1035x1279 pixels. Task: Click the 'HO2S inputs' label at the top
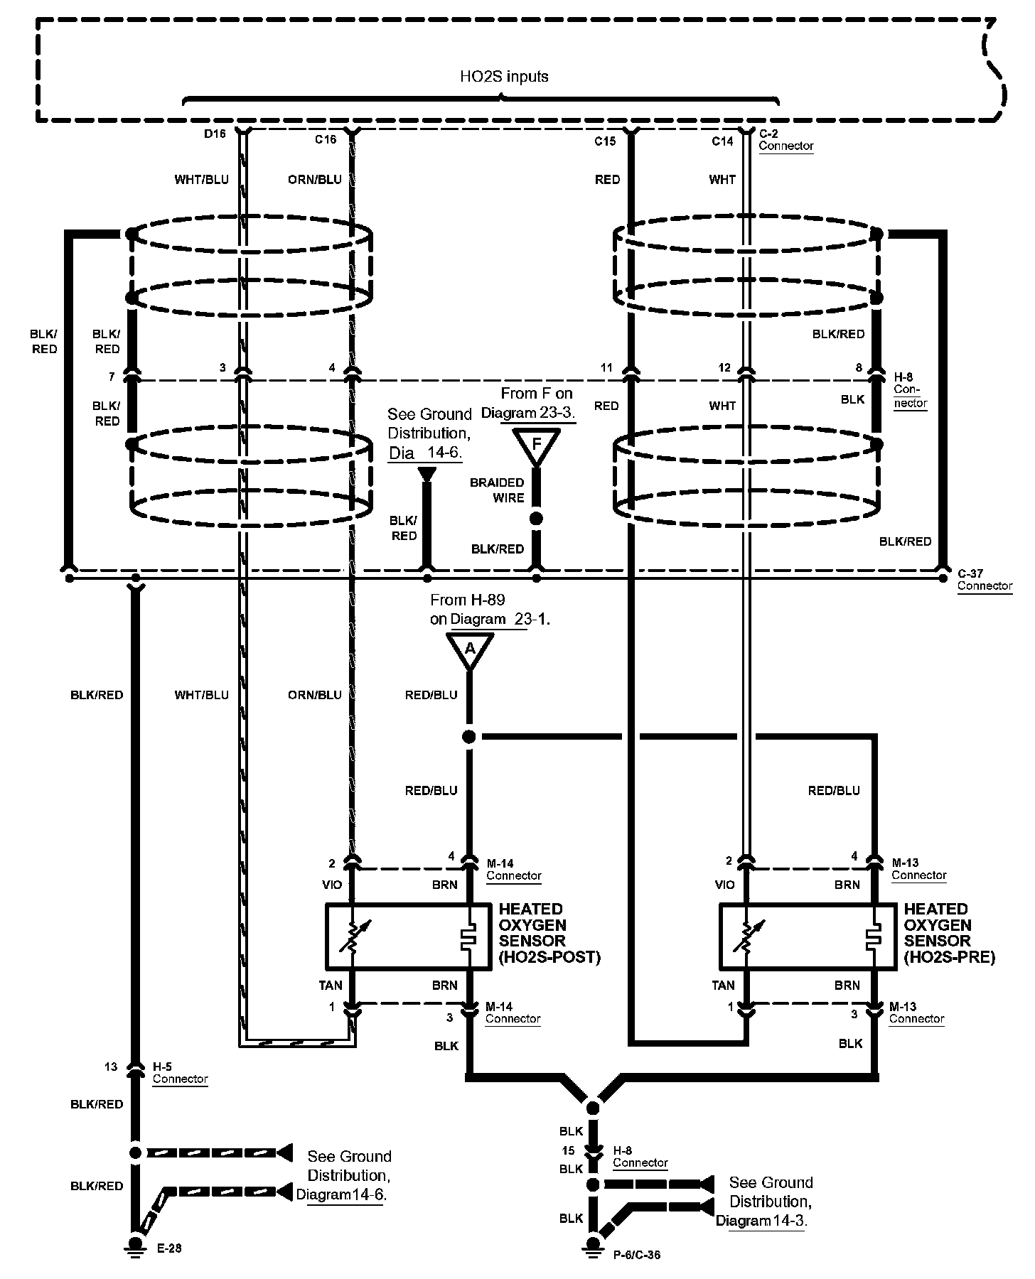[x=504, y=76]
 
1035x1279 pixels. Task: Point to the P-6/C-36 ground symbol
[x=592, y=1243]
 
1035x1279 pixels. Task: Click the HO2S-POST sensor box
[x=408, y=937]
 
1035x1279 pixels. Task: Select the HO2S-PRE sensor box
[x=807, y=937]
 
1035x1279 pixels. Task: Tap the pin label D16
[x=215, y=134]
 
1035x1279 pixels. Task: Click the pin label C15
[x=605, y=141]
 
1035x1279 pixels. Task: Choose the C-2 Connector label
[x=785, y=140]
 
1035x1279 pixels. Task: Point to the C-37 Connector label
[x=984, y=580]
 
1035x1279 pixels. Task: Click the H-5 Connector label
[x=180, y=1073]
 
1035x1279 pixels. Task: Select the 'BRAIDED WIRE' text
[x=497, y=490]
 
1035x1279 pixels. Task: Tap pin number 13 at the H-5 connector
[x=111, y=1067]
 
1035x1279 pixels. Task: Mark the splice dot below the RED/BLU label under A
[x=469, y=737]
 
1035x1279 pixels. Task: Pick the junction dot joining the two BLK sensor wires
[x=592, y=1107]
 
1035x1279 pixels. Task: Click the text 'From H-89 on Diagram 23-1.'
[x=490, y=610]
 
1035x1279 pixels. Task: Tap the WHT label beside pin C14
[x=722, y=180]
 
